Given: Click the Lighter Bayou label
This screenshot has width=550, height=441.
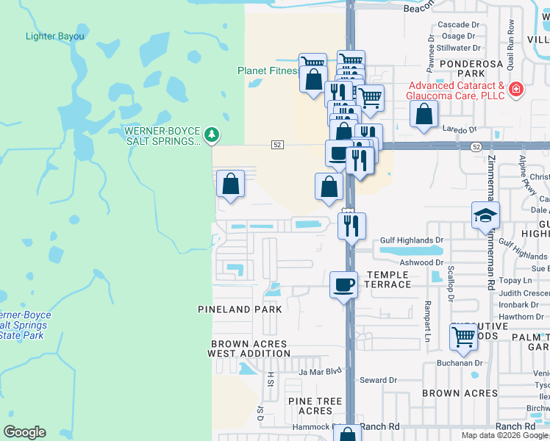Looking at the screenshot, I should click(54, 36).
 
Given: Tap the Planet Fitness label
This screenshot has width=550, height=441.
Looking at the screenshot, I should click(268, 71).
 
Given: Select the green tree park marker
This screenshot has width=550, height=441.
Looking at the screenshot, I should click(212, 135).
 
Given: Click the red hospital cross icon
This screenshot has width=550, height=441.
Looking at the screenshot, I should click(516, 90).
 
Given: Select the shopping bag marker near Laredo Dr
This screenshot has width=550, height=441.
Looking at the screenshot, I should click(424, 114).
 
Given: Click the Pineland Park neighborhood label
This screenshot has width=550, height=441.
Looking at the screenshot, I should click(240, 309).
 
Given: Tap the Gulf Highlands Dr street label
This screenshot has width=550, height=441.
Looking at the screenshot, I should click(412, 240).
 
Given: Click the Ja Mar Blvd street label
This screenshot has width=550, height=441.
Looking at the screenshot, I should click(321, 371).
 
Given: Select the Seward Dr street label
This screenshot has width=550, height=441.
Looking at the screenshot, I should click(378, 380).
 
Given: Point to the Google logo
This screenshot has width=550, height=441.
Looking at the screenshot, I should click(24, 432).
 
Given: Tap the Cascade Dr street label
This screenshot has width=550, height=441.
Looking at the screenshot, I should click(458, 25).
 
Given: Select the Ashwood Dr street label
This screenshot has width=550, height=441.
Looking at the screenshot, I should click(421, 262).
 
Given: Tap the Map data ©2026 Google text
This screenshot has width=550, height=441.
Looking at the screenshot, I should click(504, 435).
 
